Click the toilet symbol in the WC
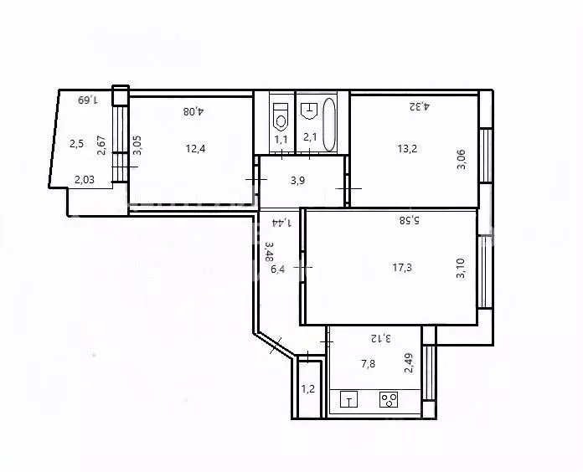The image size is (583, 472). pos(281,112)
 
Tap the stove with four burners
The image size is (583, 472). pos(389,400)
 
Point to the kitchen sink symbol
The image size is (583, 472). pos(350,400)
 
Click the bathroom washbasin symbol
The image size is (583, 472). pos(309,108)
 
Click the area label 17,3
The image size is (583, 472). pos(402,269)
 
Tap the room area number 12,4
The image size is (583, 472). pos(195,149)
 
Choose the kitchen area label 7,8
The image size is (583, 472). pos(369,364)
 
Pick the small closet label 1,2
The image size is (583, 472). pos(308,388)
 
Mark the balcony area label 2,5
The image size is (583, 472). pos(77,143)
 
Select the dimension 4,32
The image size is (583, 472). pos(418,106)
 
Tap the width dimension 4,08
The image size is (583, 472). pos(194,110)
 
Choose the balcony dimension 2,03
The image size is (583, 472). pos(85,178)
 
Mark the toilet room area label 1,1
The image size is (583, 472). pos(281,139)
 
